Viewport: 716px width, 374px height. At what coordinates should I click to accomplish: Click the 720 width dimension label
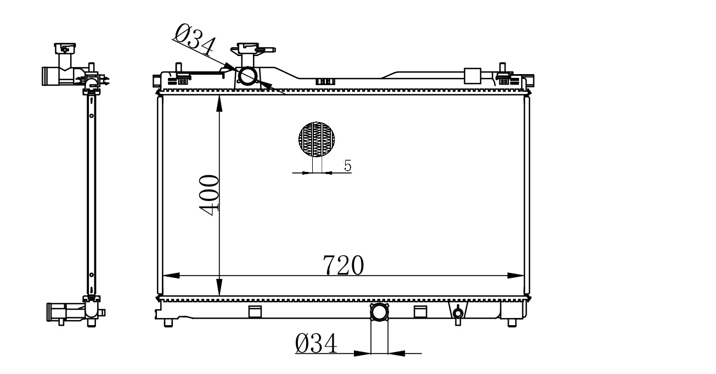pyautogui.click(x=343, y=265)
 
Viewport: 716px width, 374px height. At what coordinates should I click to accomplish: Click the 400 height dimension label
pyautogui.click(x=209, y=195)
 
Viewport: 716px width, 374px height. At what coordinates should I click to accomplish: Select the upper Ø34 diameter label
pyautogui.click(x=195, y=39)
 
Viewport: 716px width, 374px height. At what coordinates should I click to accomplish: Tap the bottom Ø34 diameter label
pyautogui.click(x=316, y=343)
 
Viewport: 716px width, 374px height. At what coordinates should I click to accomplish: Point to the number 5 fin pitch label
pyautogui.click(x=347, y=166)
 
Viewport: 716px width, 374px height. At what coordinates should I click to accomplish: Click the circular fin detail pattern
pyautogui.click(x=317, y=139)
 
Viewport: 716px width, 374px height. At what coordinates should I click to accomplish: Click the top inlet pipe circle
pyautogui.click(x=248, y=76)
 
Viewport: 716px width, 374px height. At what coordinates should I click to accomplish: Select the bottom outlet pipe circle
pyautogui.click(x=379, y=312)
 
